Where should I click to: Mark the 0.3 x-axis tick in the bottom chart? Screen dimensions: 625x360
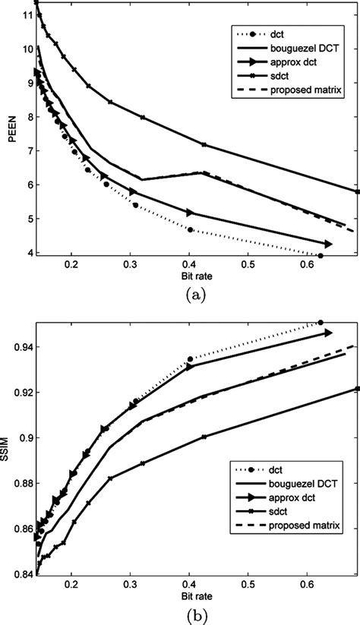(130, 585)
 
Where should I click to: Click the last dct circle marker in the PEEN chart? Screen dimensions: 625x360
(321, 256)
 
